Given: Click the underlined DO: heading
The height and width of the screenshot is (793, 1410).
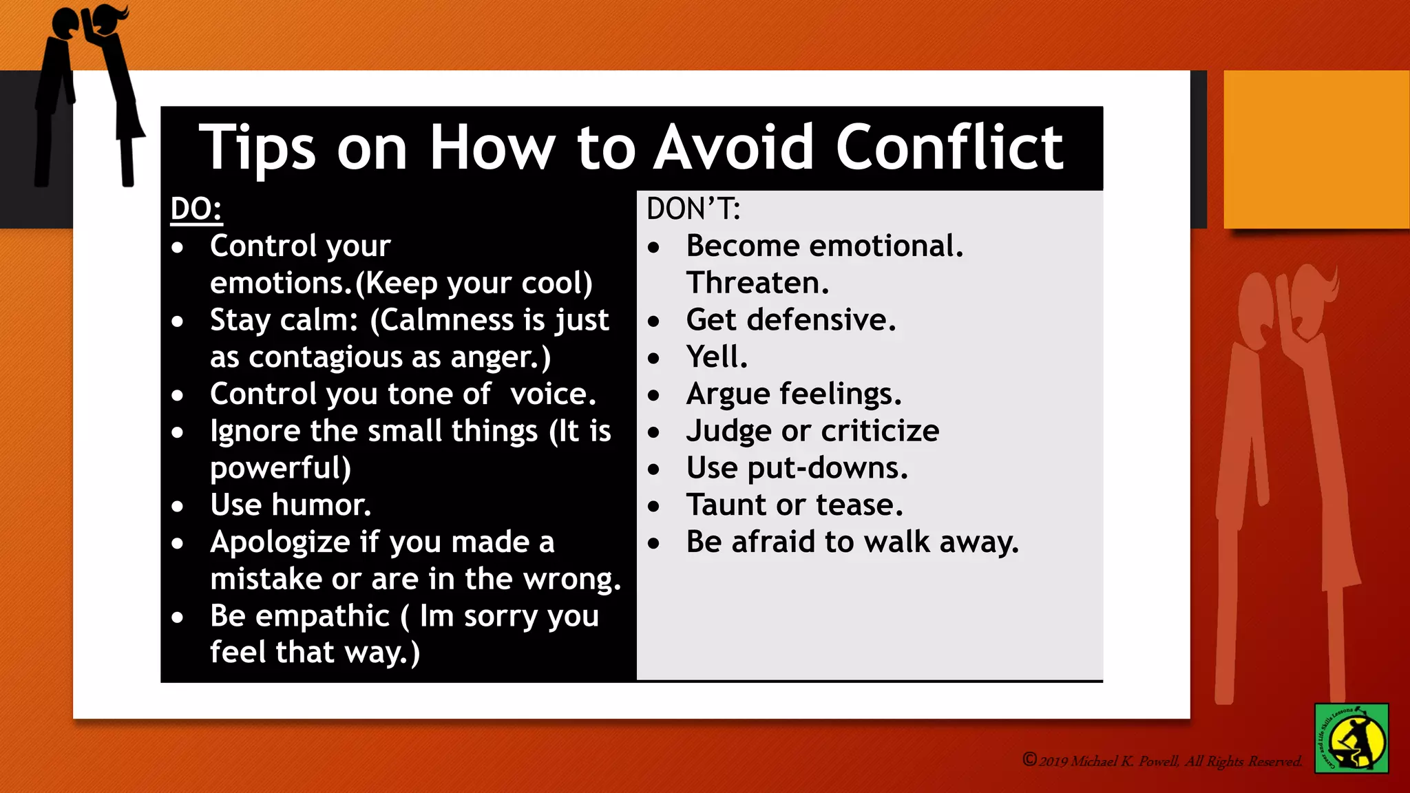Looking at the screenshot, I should (x=196, y=209).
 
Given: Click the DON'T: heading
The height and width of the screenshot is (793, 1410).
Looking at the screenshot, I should (x=693, y=209).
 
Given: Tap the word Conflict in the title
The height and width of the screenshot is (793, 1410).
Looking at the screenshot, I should (x=949, y=147).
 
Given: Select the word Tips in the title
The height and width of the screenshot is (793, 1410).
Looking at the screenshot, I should (x=257, y=147).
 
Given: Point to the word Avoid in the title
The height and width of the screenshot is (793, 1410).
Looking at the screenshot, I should (x=733, y=147).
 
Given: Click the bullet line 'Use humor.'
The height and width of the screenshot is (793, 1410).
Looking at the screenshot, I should (x=291, y=505).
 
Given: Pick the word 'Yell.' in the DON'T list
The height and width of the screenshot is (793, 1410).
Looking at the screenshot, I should (x=717, y=357).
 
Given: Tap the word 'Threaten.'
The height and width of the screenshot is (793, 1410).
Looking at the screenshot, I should (x=757, y=283).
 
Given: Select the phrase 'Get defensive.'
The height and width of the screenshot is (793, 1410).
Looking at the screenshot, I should (x=791, y=320).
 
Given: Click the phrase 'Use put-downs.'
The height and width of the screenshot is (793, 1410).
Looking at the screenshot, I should (x=797, y=468).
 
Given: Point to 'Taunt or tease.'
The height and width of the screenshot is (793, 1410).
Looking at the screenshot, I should (x=795, y=505).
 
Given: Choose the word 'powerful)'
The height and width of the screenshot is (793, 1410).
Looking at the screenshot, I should (x=281, y=468).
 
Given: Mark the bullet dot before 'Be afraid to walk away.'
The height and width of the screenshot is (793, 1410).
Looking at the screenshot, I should (x=654, y=544).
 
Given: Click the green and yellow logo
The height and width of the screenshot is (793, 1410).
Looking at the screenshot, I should (x=1351, y=738).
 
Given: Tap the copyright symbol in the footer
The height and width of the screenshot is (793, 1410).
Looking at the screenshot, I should (x=1029, y=759).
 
